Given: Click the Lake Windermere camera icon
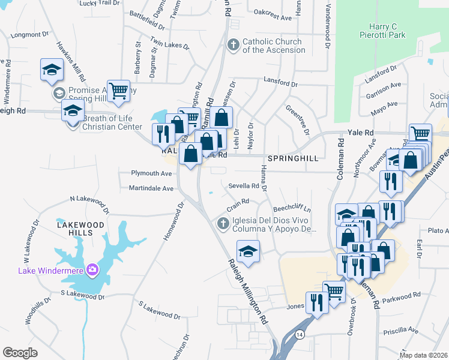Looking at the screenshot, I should coord(92,269).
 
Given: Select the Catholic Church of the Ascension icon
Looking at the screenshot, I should coord(233,45).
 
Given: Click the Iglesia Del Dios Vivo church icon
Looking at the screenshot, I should coord(223,224).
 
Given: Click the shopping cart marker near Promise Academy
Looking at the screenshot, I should coord(118,91).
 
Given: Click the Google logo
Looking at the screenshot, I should coord(20,352).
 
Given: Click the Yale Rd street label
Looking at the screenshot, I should coord(360,133).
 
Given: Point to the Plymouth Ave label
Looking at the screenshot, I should coord(152,173).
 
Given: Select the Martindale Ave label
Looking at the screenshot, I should coord(151,188).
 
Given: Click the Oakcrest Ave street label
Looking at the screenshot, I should coord(273,18).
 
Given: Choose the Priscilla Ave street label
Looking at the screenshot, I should coord(404,330).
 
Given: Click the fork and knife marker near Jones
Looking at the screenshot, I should coord(316,302).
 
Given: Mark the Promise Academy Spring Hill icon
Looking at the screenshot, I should coord(59,93).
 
